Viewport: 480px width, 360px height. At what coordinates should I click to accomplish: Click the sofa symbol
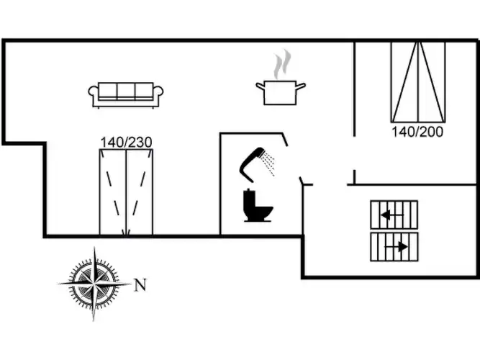tap(126, 94)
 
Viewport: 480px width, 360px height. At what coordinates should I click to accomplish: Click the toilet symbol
tap(257, 205)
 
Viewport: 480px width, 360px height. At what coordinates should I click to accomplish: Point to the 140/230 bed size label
tap(126, 142)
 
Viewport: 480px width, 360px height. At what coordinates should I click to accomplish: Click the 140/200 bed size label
tap(417, 132)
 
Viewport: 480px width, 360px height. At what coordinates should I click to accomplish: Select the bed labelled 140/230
tap(126, 192)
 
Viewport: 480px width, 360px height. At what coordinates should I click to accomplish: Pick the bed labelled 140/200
tap(418, 81)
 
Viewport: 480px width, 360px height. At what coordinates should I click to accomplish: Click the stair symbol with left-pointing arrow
tap(394, 215)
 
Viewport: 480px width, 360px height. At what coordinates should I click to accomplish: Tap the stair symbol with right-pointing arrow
tap(394, 246)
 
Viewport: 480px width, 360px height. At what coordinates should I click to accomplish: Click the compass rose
tap(94, 284)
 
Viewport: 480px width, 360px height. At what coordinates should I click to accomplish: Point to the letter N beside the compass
tap(140, 285)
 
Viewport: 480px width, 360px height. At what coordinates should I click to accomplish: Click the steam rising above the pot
tap(282, 65)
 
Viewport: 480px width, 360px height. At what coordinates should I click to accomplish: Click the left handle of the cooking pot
tap(260, 86)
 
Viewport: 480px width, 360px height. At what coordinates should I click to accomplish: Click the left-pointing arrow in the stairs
tap(387, 215)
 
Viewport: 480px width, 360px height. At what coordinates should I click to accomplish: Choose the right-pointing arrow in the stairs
tap(400, 246)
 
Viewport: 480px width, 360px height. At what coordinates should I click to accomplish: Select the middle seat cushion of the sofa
tap(126, 91)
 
